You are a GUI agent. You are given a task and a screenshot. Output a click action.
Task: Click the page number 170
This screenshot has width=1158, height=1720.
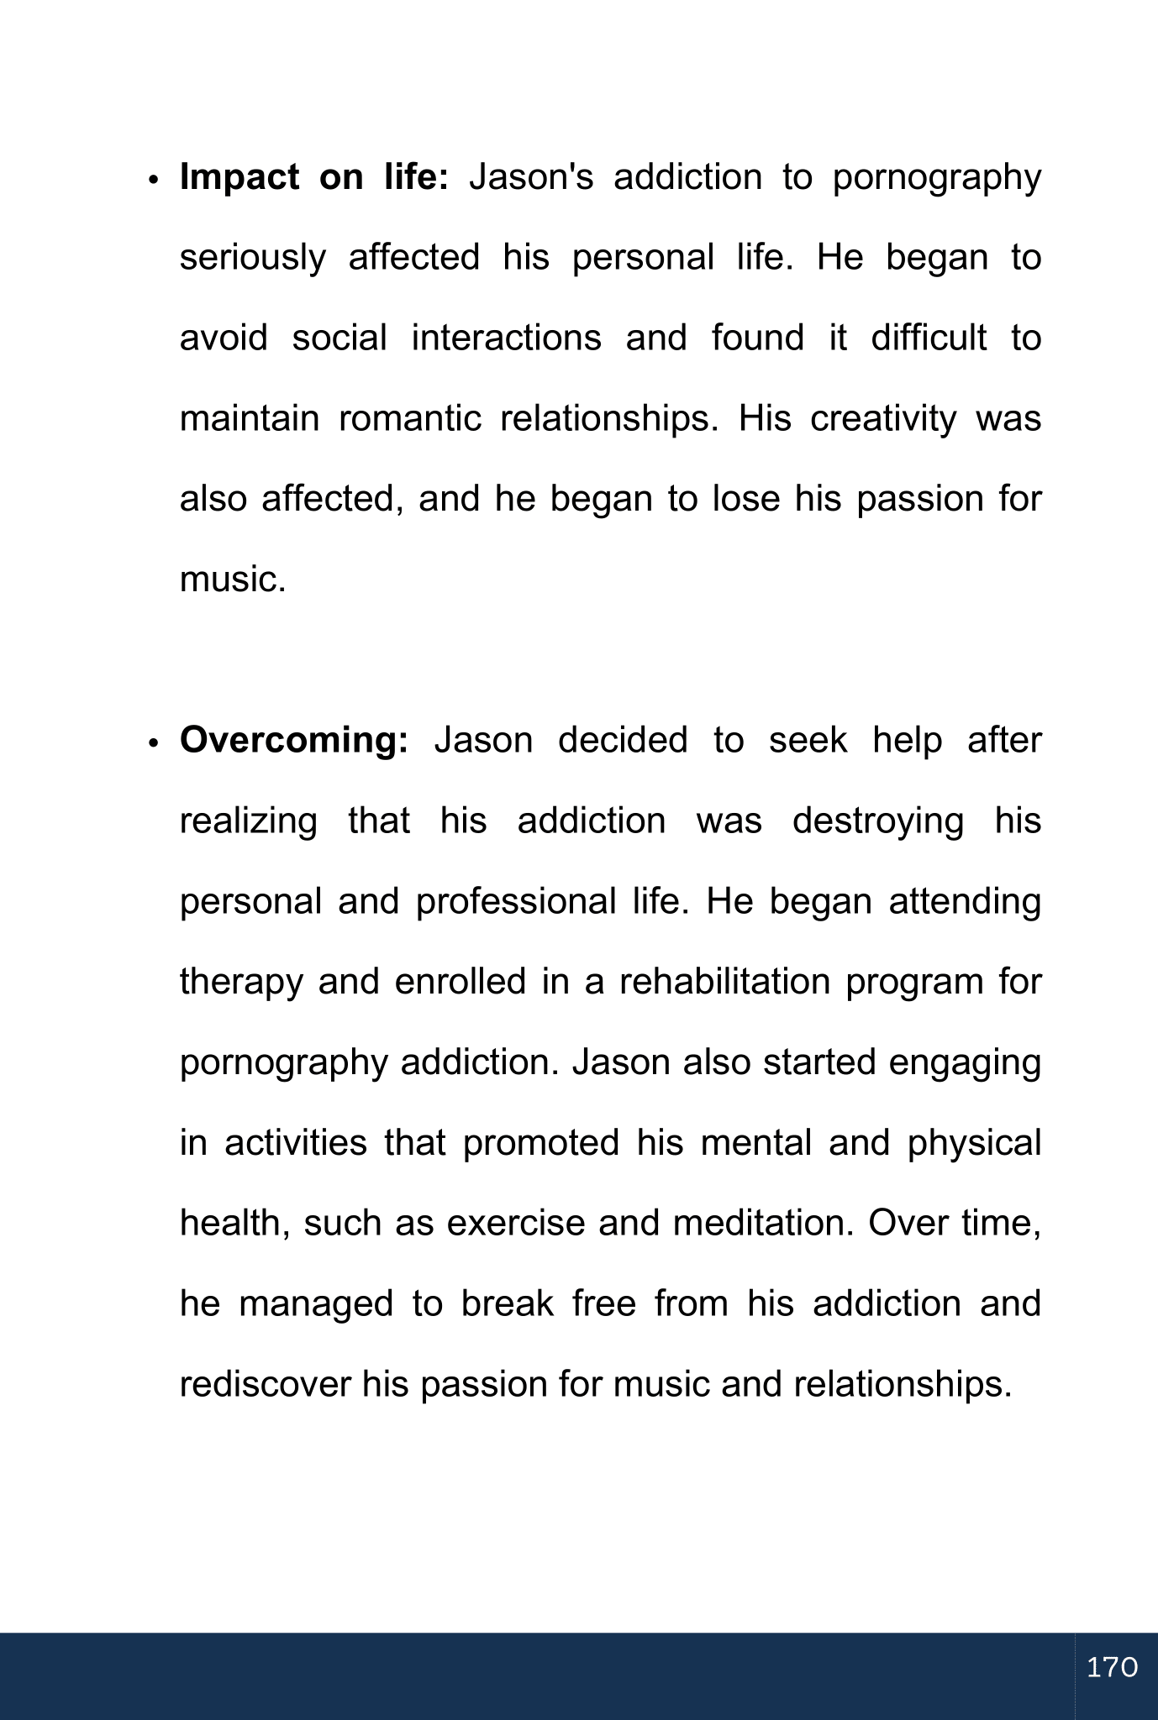click(x=1112, y=1667)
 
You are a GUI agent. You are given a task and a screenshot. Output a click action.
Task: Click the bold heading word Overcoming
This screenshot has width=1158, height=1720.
click(x=294, y=740)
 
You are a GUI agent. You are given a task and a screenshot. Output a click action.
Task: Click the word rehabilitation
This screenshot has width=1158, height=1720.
click(x=724, y=981)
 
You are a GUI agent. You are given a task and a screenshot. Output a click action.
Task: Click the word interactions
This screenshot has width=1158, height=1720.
click(x=506, y=338)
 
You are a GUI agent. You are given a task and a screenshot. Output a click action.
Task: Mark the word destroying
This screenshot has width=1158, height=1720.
click(x=878, y=821)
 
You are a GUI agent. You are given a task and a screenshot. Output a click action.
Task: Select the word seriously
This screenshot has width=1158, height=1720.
click(x=252, y=259)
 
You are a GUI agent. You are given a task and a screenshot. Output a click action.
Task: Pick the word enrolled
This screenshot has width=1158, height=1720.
click(x=461, y=981)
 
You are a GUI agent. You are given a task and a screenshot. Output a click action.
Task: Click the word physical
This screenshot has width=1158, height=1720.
click(x=974, y=1144)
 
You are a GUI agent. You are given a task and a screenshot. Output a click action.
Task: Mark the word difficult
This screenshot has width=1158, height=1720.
click(x=929, y=338)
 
